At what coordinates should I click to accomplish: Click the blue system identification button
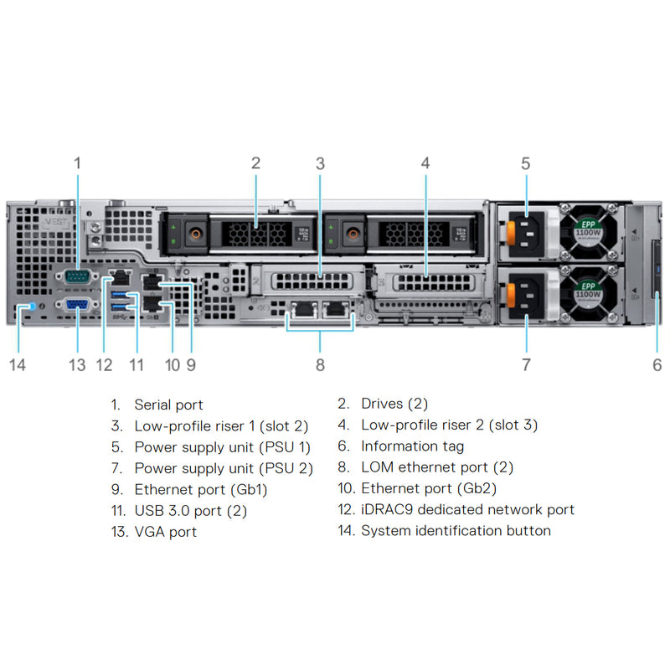[32, 307]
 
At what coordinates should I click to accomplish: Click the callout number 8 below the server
[320, 364]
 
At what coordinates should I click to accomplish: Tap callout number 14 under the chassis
[18, 364]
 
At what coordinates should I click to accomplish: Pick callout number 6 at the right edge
[657, 364]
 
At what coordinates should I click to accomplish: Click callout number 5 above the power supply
[525, 163]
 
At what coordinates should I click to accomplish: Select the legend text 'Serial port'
[168, 405]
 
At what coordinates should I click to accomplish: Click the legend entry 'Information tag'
[412, 446]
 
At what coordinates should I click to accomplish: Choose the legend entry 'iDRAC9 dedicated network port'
[467, 509]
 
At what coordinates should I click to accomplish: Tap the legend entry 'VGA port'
[165, 531]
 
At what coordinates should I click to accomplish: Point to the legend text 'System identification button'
[456, 530]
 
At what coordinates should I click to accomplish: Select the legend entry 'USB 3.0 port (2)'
[190, 510]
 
